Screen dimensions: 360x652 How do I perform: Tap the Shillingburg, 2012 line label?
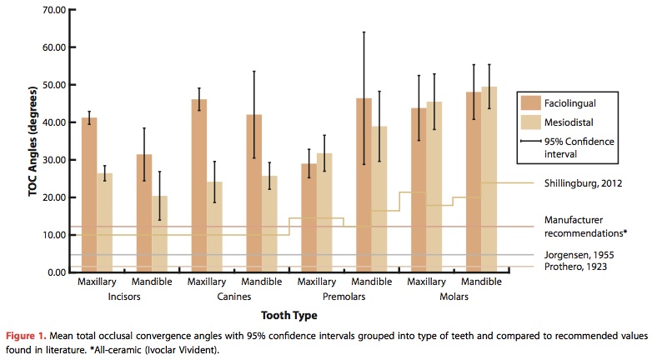tap(580, 183)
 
